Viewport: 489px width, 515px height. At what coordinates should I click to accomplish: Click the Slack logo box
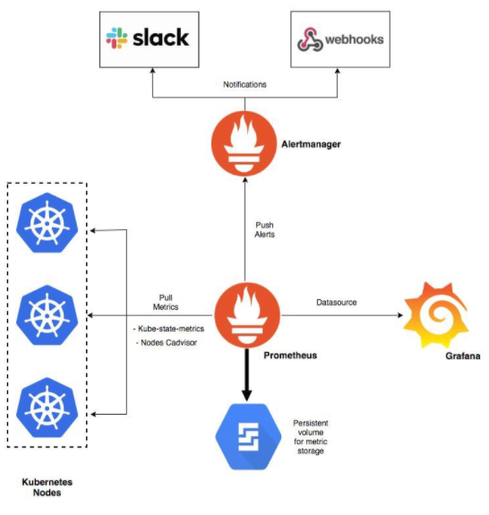[x=149, y=39]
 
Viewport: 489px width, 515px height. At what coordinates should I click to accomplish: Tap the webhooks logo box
[x=340, y=39]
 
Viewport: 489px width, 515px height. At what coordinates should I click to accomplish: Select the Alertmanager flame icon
[x=244, y=144]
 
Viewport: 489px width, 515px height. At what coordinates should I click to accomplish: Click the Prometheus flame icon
[x=247, y=315]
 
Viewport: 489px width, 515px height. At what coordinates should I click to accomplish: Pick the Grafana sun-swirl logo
[x=436, y=314]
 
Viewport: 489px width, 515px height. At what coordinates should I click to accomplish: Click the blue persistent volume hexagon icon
[x=248, y=436]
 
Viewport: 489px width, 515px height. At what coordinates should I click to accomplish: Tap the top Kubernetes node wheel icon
[x=47, y=223]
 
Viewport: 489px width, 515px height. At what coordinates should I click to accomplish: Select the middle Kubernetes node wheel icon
[x=47, y=315]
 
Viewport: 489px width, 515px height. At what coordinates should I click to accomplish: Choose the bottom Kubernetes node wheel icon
[x=47, y=408]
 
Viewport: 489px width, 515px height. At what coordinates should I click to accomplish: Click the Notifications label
[x=244, y=84]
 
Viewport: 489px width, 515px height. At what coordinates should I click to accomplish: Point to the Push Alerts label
[x=265, y=229]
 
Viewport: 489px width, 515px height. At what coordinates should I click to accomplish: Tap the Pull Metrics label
[x=166, y=302]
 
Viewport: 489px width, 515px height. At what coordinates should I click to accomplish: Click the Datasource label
[x=336, y=302]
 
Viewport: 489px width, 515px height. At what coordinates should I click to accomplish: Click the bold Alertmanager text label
[x=311, y=144]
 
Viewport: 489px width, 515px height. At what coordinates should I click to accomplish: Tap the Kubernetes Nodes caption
[x=47, y=487]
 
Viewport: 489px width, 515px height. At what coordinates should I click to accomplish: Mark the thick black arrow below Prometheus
[x=247, y=374]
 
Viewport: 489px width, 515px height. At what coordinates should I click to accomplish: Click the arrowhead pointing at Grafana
[x=400, y=315]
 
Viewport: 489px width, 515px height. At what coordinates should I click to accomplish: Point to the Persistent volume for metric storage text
[x=311, y=437]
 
